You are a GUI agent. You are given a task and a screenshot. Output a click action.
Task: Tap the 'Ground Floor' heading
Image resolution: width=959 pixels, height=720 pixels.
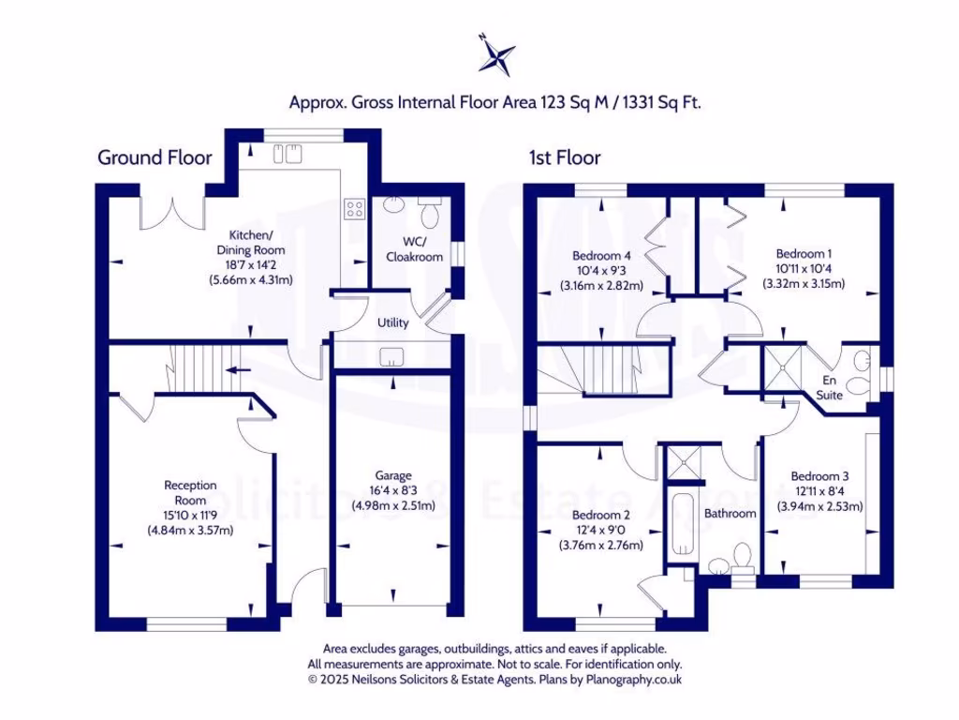click(155, 157)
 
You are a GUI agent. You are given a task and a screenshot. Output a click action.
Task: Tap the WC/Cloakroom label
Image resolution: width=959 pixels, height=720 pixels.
click(412, 249)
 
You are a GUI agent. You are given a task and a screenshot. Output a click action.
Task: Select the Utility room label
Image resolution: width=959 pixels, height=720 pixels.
click(392, 322)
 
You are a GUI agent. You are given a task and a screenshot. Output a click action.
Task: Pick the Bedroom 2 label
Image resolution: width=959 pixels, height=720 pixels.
click(600, 515)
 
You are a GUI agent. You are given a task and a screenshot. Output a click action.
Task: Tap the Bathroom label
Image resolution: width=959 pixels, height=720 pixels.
click(730, 514)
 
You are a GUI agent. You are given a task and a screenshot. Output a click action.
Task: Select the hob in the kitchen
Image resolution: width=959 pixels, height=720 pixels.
click(355, 209)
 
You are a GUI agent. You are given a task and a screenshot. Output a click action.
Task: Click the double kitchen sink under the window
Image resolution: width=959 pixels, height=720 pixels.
click(287, 153)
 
